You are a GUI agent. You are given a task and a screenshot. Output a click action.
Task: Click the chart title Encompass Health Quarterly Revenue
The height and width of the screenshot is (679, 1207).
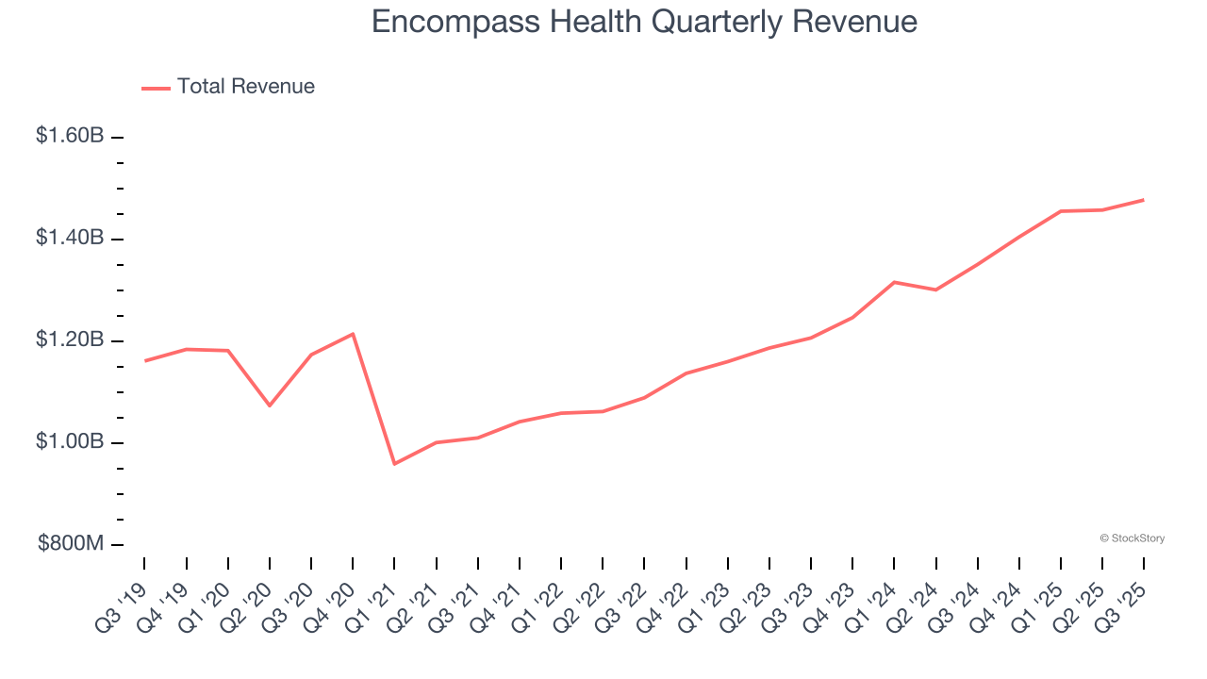pyautogui.click(x=644, y=21)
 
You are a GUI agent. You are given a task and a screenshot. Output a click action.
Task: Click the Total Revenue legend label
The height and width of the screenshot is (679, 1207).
pyautogui.click(x=245, y=87)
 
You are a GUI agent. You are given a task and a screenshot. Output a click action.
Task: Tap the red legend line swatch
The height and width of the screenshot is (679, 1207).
pyautogui.click(x=156, y=88)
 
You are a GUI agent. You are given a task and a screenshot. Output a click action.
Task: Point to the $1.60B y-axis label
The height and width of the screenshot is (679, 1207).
pyautogui.click(x=70, y=136)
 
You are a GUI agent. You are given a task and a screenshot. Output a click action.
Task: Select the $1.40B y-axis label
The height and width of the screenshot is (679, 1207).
pyautogui.click(x=70, y=238)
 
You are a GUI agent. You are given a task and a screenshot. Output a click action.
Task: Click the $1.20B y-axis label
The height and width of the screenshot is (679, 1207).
pyautogui.click(x=70, y=339)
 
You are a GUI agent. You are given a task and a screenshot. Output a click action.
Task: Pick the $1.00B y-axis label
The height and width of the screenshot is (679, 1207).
pyautogui.click(x=70, y=441)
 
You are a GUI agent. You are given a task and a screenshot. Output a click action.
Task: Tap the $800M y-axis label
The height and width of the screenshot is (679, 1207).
pyautogui.click(x=71, y=544)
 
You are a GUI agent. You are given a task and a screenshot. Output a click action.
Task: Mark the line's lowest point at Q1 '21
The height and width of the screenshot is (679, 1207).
pyautogui.click(x=394, y=464)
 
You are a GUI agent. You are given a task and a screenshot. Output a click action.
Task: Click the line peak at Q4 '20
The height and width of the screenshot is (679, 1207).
pyautogui.click(x=353, y=334)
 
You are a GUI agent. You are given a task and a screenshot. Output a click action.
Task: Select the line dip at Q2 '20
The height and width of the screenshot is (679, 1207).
pyautogui.click(x=270, y=406)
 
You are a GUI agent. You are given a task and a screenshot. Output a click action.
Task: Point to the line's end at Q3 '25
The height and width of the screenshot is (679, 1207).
pyautogui.click(x=1144, y=200)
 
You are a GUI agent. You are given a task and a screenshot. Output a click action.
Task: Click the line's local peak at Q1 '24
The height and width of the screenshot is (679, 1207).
pyautogui.click(x=894, y=282)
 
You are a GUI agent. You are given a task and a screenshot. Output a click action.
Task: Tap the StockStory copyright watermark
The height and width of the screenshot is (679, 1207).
pyautogui.click(x=1132, y=538)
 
